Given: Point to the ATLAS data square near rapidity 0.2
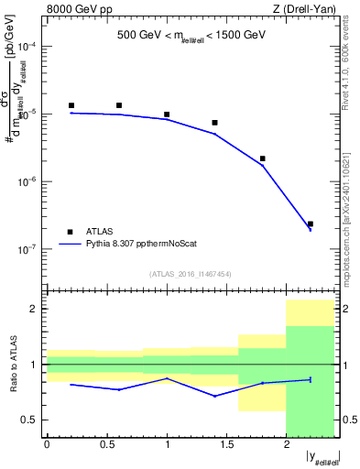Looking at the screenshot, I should point(71,105).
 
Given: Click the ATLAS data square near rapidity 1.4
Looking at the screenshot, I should point(214,123).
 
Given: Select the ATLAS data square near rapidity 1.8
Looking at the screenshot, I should point(262,158).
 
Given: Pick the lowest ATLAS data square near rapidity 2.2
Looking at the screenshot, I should point(311,224).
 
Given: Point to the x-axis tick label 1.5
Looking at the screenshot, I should point(226,444).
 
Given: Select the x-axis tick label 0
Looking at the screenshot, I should point(47,444).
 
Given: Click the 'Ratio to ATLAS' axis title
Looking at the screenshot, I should point(12,364).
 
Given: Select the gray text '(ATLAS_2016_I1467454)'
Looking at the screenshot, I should point(191,273).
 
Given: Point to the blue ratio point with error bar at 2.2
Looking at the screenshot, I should point(311,379).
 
